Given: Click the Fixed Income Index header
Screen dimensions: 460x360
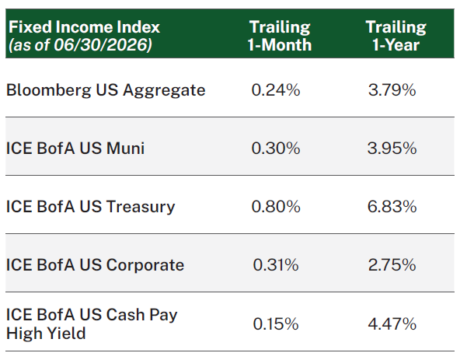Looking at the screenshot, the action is (84, 27).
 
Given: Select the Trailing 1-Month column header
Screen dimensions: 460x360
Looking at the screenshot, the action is (280, 36).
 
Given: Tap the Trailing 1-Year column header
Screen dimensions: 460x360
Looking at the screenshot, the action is (396, 36).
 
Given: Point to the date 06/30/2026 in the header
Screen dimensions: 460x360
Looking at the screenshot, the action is (102, 45).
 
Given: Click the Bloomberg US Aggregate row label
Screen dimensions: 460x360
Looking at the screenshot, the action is (106, 90).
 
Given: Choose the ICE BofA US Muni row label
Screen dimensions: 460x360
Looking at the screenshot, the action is (75, 148).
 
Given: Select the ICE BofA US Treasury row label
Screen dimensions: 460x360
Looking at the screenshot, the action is (90, 206).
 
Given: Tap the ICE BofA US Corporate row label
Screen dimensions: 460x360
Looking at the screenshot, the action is (95, 265).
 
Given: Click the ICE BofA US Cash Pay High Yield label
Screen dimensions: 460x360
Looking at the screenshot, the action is (92, 324).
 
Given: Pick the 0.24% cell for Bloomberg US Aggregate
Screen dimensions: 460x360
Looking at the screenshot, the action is (276, 90).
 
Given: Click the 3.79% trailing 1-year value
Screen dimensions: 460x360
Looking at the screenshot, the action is (392, 90).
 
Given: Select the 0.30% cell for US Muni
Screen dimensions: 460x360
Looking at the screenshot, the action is (276, 148).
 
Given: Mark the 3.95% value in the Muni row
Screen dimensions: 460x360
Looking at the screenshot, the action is (392, 148).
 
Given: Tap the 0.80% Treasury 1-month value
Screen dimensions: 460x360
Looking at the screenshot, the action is (276, 206).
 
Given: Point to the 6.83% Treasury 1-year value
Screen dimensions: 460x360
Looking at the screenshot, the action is (392, 206).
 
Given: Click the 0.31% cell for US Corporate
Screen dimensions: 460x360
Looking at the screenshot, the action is (276, 265).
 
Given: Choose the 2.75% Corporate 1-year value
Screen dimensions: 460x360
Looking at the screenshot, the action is (392, 265).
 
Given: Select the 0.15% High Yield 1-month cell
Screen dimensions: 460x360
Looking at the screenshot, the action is (276, 324).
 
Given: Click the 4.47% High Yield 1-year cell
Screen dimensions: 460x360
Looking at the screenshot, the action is (392, 324).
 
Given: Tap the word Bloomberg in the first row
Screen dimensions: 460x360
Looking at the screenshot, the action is (49, 90).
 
